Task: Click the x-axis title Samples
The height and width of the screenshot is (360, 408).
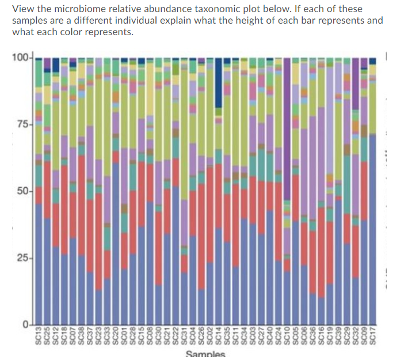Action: tap(205, 354)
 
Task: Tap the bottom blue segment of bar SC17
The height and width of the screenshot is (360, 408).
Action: tap(372, 230)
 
